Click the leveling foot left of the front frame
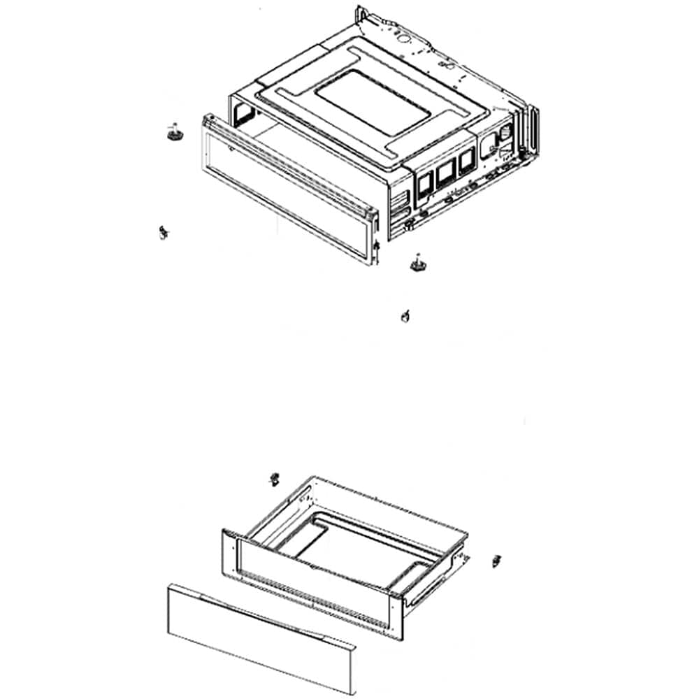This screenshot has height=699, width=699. pyautogui.click(x=172, y=131)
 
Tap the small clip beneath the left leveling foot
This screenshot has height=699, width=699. pyautogui.click(x=163, y=232)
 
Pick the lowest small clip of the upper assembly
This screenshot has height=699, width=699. pyautogui.click(x=403, y=316)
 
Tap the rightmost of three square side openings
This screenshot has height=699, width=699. pyautogui.click(x=464, y=163)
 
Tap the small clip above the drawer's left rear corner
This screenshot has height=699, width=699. pyautogui.click(x=274, y=480)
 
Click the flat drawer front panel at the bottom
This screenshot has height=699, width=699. pyautogui.click(x=259, y=636)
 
